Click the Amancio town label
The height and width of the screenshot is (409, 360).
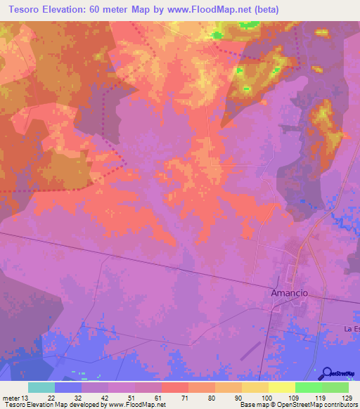click(x=290, y=292)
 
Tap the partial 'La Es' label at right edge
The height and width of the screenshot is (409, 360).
click(x=352, y=329)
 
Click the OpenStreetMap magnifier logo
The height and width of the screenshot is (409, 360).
click(x=327, y=374)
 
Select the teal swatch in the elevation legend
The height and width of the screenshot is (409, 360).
click(x=41, y=387)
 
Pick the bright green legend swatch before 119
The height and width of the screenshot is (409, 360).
click(x=309, y=387)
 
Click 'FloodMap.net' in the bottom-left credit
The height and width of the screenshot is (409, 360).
click(x=145, y=405)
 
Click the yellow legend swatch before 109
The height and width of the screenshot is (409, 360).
click(x=282, y=387)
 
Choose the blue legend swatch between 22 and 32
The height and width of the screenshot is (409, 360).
click(x=68, y=387)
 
